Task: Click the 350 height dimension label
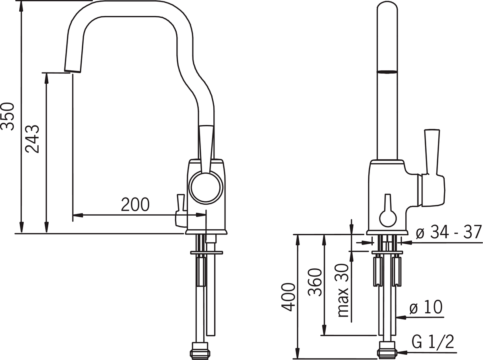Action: (x=8, y=116)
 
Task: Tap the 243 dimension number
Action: (x=32, y=139)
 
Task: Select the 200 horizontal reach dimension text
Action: (x=135, y=204)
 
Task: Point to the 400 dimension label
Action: (x=288, y=297)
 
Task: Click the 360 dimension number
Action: (x=315, y=282)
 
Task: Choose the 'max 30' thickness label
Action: (x=343, y=290)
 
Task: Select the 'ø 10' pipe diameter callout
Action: (x=426, y=307)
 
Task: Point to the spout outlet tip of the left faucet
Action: (x=72, y=71)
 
